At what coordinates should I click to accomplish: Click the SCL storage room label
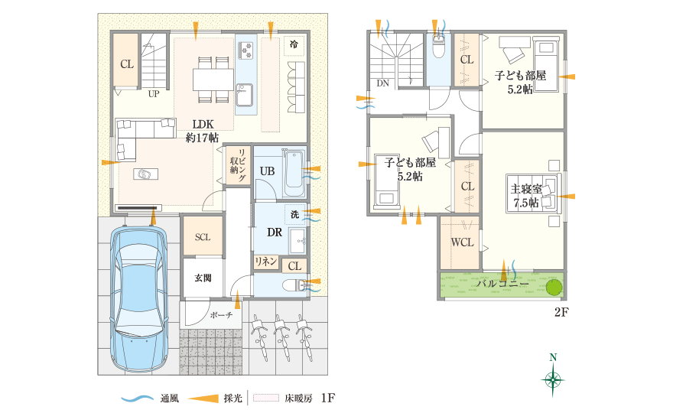coord(203,237)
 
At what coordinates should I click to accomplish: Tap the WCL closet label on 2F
coord(462,242)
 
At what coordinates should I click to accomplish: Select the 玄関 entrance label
coord(203,278)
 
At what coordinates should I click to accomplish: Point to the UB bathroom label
coord(268,171)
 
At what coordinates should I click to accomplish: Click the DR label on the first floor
coord(275,233)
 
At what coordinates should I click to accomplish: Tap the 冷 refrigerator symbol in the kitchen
coord(294,44)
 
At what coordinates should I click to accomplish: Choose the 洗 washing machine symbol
coord(295,214)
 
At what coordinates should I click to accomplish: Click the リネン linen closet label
coord(266,262)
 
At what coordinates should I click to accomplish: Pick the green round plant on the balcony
coord(554,286)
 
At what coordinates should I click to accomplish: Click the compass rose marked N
coord(553,376)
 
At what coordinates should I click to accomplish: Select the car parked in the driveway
coord(138,298)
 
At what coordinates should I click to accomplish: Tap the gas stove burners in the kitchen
coord(246,50)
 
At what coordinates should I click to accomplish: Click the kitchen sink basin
coord(245,94)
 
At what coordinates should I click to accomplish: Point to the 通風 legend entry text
coord(170,398)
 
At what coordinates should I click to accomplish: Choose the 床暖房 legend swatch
coord(265,398)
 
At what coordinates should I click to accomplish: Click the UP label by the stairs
coord(154,94)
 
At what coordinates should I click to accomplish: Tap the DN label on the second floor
coord(383,83)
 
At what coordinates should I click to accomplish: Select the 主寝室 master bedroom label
coord(527,195)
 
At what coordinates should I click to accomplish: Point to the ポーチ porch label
coord(222,315)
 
